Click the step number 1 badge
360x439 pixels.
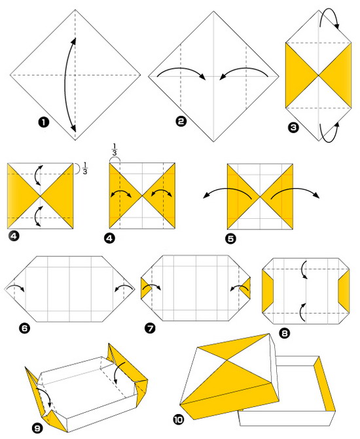(43, 123)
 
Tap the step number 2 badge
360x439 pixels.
(181, 121)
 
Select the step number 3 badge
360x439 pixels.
(293, 128)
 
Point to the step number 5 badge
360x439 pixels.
(230, 239)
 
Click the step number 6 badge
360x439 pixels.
(25, 328)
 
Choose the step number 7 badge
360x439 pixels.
(151, 328)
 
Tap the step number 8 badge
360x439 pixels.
(285, 333)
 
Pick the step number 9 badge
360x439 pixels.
(37, 427)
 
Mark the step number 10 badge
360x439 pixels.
(178, 419)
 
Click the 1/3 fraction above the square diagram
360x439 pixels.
(115, 149)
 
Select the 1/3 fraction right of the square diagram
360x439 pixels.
(84, 168)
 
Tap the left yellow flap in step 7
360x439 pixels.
(145, 288)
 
